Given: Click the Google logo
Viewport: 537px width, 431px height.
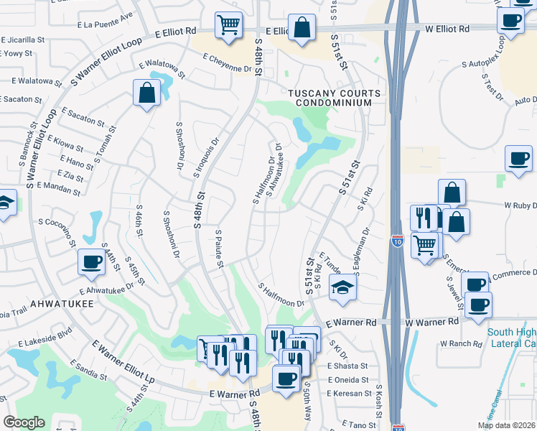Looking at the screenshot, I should coord(24,422).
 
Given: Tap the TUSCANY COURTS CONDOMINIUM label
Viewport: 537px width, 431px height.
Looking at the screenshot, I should coord(330,98).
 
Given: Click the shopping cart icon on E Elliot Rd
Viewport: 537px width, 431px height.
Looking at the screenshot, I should coord(229,26).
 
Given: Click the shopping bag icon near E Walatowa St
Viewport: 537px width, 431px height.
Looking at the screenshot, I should coord(146,93).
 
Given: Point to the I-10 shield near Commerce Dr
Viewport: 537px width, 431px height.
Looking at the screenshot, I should coord(400,243).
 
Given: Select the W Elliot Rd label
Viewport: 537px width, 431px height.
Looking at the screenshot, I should coord(447,29).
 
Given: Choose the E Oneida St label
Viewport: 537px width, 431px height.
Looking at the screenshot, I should coord(347,380).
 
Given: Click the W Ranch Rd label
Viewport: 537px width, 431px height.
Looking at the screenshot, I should coord(461,343).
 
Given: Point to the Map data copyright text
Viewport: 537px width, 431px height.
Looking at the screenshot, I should coord(506,425).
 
